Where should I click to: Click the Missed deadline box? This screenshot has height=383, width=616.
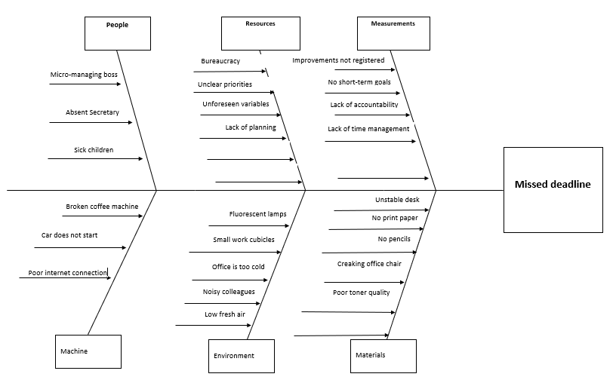click(x=553, y=189)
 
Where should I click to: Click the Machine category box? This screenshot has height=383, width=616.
click(x=88, y=351)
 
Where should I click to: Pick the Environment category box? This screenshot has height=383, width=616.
click(x=241, y=356)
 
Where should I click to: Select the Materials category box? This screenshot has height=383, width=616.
click(x=383, y=356)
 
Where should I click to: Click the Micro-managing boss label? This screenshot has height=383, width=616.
click(x=84, y=75)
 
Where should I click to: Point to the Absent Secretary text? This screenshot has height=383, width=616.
click(x=92, y=112)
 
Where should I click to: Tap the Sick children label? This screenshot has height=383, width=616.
click(x=94, y=150)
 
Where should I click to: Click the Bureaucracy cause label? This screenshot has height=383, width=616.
click(x=221, y=60)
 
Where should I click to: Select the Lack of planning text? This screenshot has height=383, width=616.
click(x=251, y=127)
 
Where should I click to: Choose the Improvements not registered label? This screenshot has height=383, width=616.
click(x=338, y=60)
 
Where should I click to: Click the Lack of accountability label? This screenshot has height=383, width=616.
click(x=364, y=105)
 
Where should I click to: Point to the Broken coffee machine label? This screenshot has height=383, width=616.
click(x=102, y=206)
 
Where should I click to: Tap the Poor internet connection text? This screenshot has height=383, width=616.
click(x=68, y=273)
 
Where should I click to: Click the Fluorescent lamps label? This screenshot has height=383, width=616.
click(x=257, y=214)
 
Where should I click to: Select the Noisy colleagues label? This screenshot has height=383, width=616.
click(x=229, y=292)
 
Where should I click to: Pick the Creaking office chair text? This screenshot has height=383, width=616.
click(x=369, y=264)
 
